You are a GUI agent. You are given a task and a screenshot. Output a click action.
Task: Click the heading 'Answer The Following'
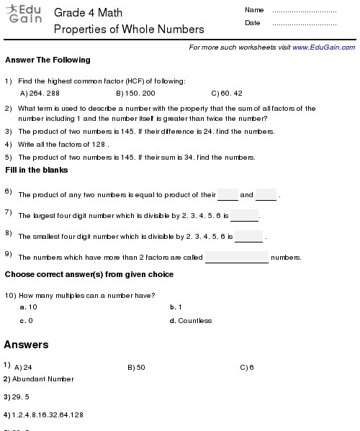click(x=48, y=60)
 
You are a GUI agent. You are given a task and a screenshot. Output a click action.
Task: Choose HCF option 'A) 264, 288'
click(x=40, y=94)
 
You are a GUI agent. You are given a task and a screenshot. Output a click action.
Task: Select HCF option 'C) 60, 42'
click(x=227, y=94)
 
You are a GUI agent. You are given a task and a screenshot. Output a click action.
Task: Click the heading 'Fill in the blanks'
click(x=37, y=170)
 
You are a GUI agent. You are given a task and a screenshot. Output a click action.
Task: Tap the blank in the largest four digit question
click(x=244, y=217)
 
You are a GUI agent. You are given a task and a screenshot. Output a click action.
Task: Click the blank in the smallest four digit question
click(x=249, y=237)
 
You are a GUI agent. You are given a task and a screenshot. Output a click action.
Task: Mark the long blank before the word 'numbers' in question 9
click(x=236, y=258)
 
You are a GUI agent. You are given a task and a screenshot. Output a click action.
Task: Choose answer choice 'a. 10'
click(x=29, y=307)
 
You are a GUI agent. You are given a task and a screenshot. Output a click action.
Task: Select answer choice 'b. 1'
click(x=176, y=307)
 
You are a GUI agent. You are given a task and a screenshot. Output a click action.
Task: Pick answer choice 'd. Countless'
click(x=191, y=321)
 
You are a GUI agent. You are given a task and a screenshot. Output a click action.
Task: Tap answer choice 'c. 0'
click(x=27, y=321)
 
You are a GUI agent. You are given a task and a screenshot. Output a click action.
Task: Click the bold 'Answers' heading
click(x=27, y=345)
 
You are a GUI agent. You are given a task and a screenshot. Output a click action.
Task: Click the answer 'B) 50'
click(x=136, y=368)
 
